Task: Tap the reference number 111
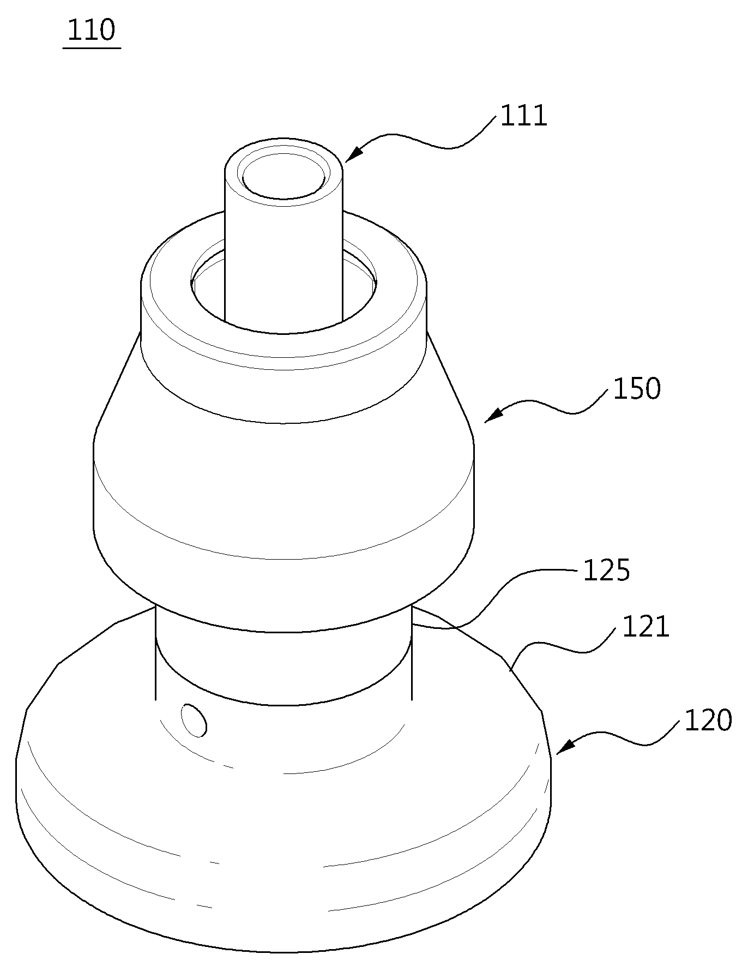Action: click(523, 116)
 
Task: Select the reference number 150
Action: click(637, 389)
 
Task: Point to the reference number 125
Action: click(606, 571)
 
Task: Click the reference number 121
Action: click(646, 627)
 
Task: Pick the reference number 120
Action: click(708, 721)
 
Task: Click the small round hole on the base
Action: click(195, 721)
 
